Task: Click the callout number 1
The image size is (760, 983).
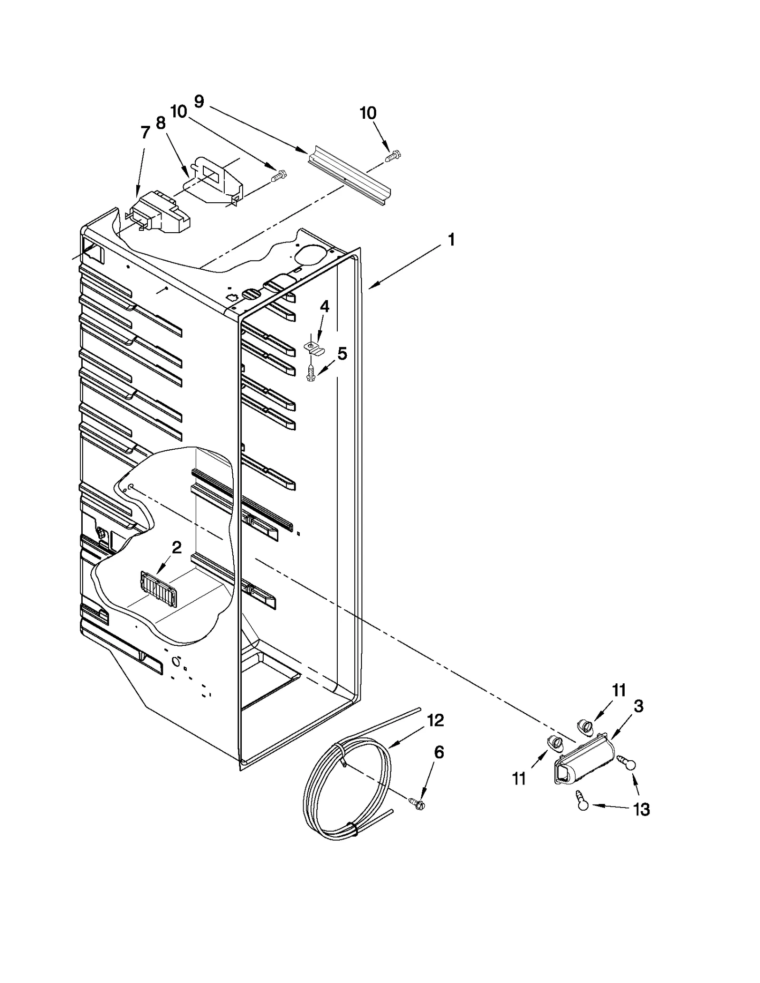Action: click(451, 240)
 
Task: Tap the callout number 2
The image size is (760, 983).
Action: click(176, 548)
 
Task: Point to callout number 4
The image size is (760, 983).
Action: click(324, 306)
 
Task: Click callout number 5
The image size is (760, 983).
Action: click(342, 354)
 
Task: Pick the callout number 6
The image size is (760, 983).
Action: click(439, 766)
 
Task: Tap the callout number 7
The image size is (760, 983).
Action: click(145, 132)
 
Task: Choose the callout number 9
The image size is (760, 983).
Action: click(199, 102)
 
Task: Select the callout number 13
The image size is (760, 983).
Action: click(641, 809)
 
